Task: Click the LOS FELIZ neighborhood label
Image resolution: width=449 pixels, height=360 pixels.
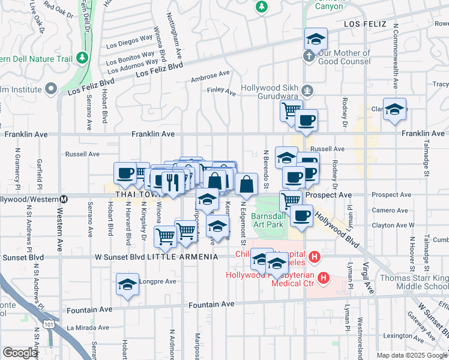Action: pos(368,23)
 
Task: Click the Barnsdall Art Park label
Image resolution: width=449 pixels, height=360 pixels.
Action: pos(267,220)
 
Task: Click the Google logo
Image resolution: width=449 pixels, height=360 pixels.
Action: pos(20,353)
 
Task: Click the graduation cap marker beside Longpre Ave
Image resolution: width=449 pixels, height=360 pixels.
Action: pos(127,284)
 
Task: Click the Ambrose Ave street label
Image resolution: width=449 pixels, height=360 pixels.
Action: pos(210,77)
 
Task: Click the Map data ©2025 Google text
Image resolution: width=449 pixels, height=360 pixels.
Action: pos(411,355)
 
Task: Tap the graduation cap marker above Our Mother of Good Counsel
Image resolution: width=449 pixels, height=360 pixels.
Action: pos(316,39)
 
